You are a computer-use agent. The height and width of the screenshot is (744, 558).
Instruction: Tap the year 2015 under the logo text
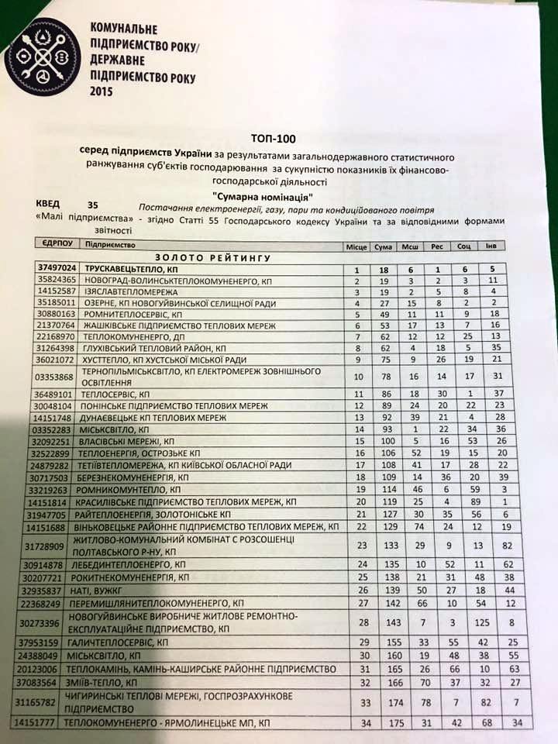click(102, 91)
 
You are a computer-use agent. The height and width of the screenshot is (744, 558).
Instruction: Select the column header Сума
click(382, 246)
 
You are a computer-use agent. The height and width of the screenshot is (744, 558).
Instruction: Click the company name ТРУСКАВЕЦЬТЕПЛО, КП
click(126, 267)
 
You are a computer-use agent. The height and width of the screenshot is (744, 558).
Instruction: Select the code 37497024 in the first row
click(55, 266)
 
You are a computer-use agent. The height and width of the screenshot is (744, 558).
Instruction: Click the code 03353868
click(55, 377)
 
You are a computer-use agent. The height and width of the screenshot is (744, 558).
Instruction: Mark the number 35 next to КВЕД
click(94, 205)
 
